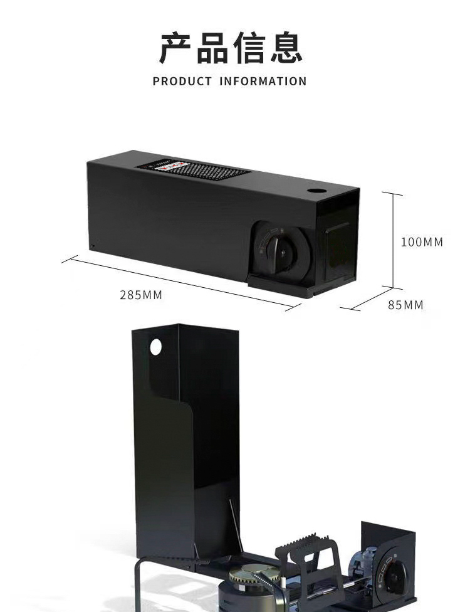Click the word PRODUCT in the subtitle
pyautogui.click(x=182, y=82)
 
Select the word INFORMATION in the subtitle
pyautogui.click(x=263, y=82)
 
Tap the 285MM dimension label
pyautogui.click(x=141, y=295)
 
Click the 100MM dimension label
pyautogui.click(x=422, y=242)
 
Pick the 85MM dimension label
pyautogui.click(x=405, y=305)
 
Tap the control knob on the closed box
pyautogui.click(x=280, y=251)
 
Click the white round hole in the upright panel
pyautogui.click(x=155, y=346)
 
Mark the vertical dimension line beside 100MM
pyautogui.click(x=393, y=241)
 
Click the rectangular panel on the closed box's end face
pyautogui.click(x=339, y=245)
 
